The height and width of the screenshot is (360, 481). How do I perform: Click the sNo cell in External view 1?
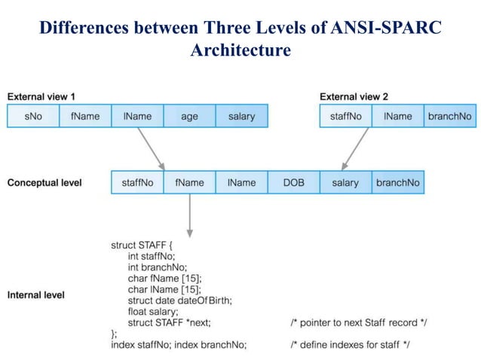pos(32,116)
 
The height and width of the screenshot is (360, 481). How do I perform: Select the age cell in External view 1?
pos(189,116)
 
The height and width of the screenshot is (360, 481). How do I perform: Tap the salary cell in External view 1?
pos(241,116)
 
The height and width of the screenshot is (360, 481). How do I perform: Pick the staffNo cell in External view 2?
pos(345,116)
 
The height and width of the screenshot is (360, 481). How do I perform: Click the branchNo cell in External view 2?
pos(449,116)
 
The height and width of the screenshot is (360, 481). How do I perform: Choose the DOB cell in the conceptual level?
pos(293,182)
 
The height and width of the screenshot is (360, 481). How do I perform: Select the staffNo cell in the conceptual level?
pos(137,182)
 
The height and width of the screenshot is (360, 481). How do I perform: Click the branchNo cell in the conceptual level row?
pos(397,182)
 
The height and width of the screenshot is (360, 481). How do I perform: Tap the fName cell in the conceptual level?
pos(189,182)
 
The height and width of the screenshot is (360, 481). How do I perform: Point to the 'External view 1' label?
pos(41,96)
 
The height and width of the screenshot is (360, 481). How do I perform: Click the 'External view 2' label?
pos(354,96)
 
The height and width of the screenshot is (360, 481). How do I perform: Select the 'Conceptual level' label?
pos(44,182)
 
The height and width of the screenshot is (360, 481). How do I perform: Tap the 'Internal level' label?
pos(36,294)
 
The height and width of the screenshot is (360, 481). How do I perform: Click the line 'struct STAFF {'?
pos(143,245)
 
